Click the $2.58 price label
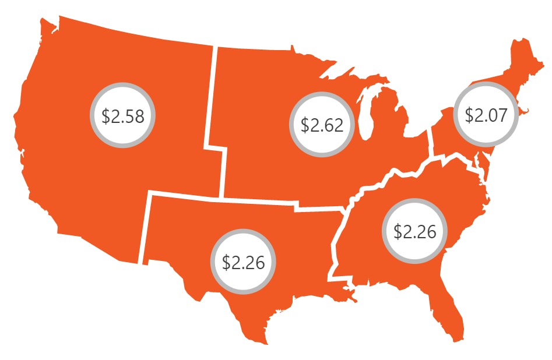tap(122, 115)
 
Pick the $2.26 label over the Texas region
tap(243, 262)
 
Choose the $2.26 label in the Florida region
tap(414, 231)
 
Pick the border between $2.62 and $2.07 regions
tap(431, 140)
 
